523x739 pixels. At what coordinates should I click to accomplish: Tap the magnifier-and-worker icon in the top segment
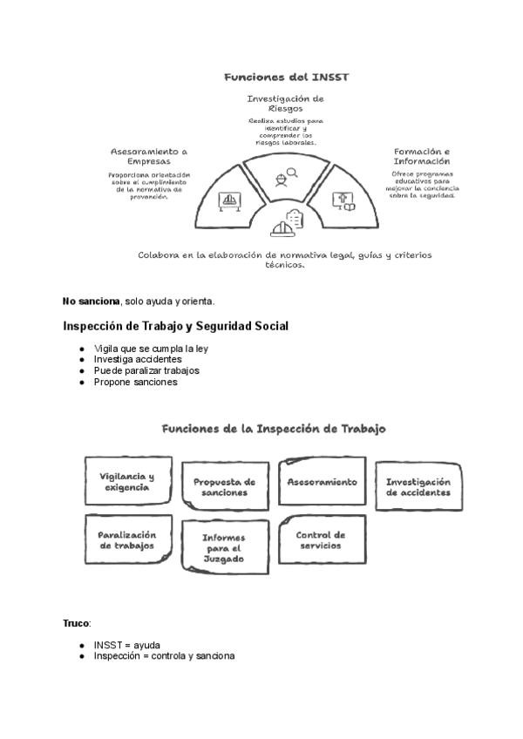point(285,176)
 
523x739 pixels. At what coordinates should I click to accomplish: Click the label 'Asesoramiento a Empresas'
point(148,156)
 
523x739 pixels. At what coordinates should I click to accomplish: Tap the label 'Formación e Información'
point(422,156)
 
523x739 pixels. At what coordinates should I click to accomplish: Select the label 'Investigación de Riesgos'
point(285,104)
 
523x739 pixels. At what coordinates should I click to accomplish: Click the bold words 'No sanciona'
point(91,302)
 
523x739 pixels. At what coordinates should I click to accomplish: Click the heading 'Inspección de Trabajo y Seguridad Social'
point(175,327)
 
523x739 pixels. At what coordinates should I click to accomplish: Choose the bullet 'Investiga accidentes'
point(138,359)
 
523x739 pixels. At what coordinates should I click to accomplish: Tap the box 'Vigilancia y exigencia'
point(127,482)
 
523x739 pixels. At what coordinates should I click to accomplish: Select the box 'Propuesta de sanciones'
point(224,487)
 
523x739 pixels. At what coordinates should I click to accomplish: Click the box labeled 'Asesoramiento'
point(323,482)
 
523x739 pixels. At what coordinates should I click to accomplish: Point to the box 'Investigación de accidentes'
point(418,487)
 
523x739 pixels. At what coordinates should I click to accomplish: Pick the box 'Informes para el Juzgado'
point(224,548)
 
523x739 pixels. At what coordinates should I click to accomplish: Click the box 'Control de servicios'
point(321,540)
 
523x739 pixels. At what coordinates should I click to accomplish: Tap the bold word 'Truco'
point(76,624)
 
